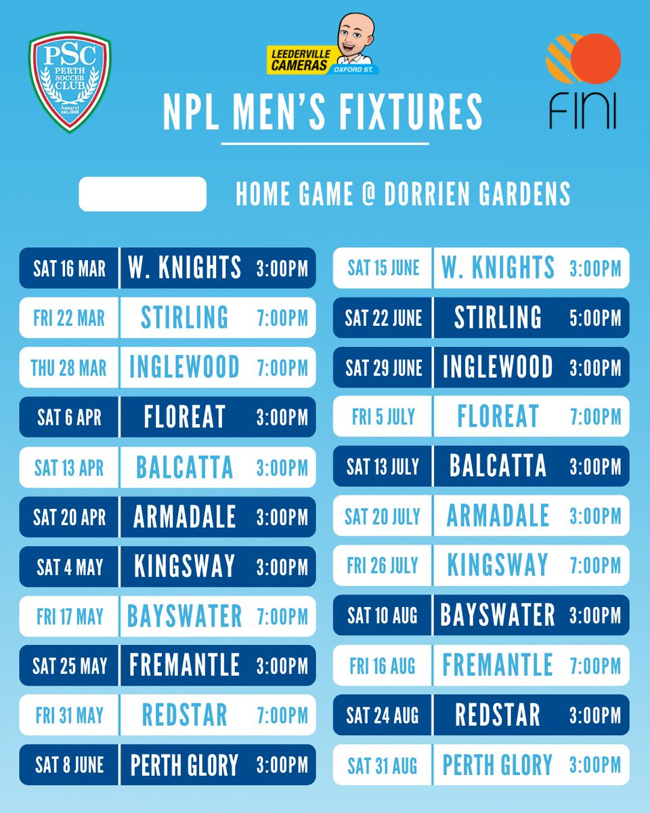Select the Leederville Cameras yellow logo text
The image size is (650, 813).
[300, 60]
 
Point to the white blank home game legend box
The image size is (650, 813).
[142, 194]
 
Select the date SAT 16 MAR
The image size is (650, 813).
[69, 268]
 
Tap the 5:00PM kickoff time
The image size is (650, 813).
[595, 318]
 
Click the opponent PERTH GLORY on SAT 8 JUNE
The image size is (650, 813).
[184, 766]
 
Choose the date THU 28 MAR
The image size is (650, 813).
[69, 368]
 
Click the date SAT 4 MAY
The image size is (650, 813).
[69, 566]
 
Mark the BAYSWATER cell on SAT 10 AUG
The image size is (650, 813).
[498, 616]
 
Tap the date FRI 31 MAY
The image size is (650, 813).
[69, 715]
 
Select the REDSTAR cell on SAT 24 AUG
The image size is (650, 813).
[498, 715]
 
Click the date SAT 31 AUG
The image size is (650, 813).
[383, 766]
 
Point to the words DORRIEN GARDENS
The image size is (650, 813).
[477, 195]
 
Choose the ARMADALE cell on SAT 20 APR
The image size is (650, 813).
[184, 517]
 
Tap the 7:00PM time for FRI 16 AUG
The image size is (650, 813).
[595, 666]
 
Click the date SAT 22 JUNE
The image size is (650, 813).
[383, 318]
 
